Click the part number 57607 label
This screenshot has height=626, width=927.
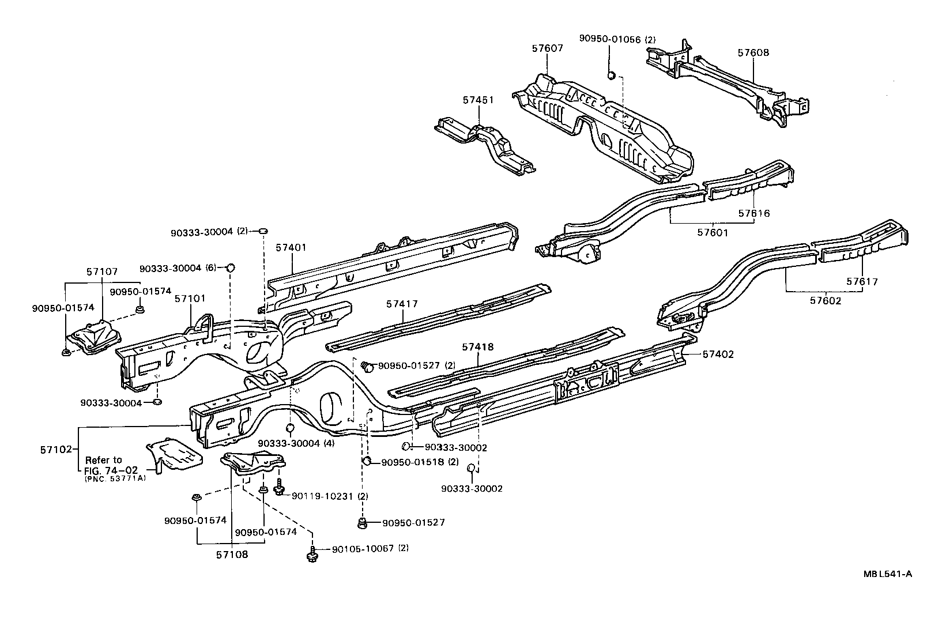point(548,49)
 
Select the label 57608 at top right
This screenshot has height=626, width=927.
point(753,52)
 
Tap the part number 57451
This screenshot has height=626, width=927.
point(478,100)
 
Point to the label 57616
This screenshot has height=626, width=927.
point(754,213)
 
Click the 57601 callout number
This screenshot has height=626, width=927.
point(713,233)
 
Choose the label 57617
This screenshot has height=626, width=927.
point(862,282)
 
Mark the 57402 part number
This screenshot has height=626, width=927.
point(718,355)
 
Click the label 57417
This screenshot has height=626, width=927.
point(402,304)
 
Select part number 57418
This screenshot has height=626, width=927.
point(478,347)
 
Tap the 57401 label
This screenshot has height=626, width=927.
point(291,247)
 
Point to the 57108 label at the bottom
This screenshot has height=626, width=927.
point(232,555)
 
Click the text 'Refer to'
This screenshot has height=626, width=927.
point(104,460)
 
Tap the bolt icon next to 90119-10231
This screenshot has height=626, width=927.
point(280,489)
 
